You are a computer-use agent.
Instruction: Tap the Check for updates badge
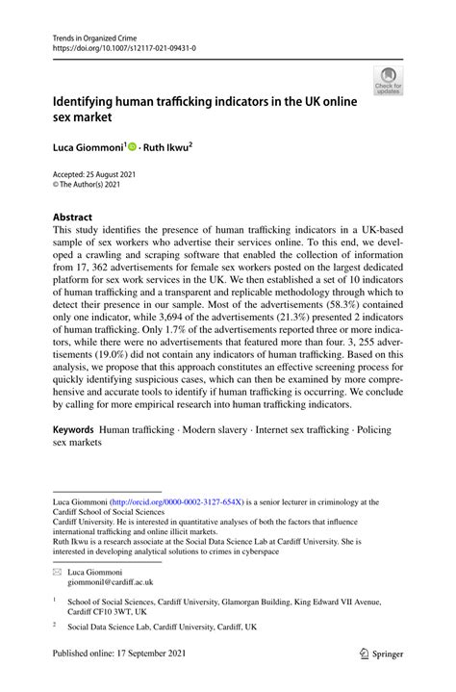[388, 81]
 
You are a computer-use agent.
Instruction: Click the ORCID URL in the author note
[175, 501]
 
